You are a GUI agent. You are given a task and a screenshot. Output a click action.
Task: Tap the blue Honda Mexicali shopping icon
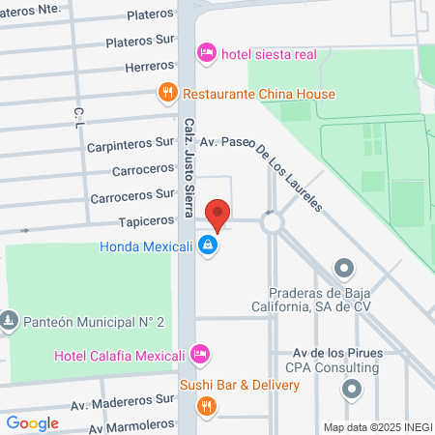206,246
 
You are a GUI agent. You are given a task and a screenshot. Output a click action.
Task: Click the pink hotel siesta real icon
206,52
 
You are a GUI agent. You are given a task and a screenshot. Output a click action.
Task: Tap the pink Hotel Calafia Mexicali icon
199,354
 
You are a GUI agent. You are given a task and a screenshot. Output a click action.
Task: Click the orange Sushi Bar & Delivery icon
206,405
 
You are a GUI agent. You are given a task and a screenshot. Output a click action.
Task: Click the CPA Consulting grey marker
351,389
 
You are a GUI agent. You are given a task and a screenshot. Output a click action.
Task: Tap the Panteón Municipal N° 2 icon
9,319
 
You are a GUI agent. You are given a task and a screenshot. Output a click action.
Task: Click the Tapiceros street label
146,221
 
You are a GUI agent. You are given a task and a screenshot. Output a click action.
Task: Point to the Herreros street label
150,68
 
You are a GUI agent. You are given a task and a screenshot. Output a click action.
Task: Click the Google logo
32,422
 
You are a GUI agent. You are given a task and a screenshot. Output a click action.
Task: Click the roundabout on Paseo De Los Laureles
272,221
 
